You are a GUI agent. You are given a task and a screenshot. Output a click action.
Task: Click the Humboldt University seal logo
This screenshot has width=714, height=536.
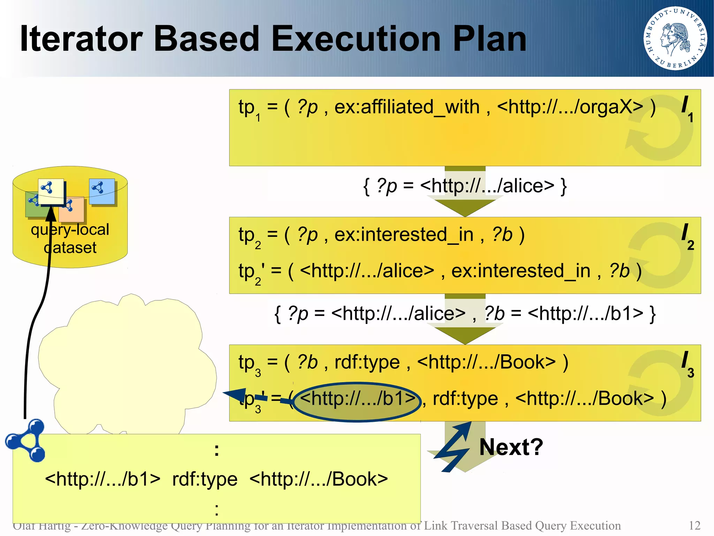coord(675,38)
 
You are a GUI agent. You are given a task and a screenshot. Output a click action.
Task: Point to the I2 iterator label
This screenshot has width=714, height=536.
coord(687,237)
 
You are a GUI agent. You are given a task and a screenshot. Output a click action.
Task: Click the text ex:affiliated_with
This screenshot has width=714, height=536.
coord(407,107)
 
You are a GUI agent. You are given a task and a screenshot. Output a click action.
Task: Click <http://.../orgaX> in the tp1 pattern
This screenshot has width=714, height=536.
coord(570,107)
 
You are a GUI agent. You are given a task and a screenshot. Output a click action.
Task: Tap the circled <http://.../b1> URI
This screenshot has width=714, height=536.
coord(358,399)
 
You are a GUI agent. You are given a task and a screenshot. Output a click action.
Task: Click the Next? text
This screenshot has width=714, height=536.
coord(511,447)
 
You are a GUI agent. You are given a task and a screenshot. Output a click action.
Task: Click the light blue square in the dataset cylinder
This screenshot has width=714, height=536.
coord(102,191)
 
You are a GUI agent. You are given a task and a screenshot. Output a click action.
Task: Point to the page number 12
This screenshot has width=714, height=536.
coord(694,526)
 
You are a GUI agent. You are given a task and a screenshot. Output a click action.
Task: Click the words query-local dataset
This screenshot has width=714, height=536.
coord(70,238)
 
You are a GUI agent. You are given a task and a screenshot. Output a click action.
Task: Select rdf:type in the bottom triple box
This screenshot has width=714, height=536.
coord(205,479)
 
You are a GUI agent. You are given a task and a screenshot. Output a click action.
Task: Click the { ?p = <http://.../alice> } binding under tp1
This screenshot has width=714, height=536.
coord(465,186)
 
